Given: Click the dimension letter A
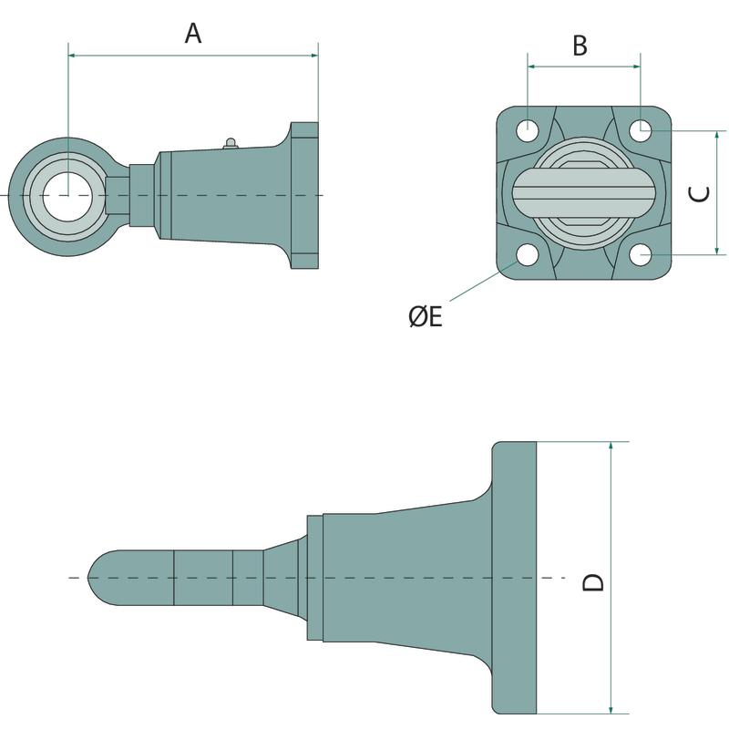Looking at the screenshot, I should [x=192, y=35].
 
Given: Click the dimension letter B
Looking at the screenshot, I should [x=580, y=46].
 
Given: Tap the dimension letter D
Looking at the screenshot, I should [x=593, y=580].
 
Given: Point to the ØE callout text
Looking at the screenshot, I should [x=425, y=316].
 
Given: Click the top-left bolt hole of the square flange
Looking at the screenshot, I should [x=529, y=129].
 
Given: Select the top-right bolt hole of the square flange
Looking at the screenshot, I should [x=641, y=129].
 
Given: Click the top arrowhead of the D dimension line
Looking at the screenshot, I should [x=611, y=447].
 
